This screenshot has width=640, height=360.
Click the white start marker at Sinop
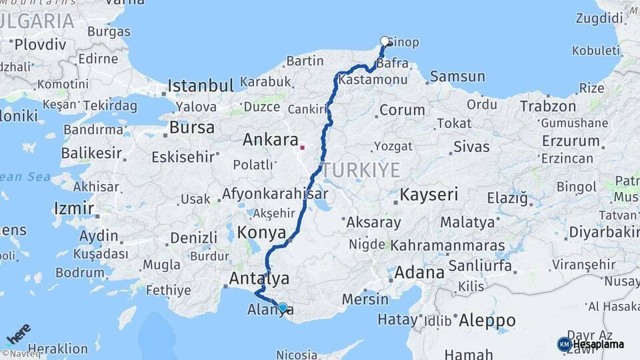[385, 41]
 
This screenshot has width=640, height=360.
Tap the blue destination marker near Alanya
[283, 307]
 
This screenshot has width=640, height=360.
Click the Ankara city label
[269, 140]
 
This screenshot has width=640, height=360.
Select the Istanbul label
[200, 85]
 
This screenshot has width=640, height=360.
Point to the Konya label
[261, 233]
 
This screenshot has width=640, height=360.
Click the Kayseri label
[429, 195]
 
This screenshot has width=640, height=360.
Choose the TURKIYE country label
[361, 170]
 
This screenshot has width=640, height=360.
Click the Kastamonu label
[373, 79]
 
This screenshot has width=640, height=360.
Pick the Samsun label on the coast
[457, 76]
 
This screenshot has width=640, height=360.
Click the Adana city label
[419, 272]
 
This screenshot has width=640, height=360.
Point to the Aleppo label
[487, 319]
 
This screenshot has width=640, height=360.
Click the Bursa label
[192, 127]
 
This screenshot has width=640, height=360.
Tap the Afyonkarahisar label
[275, 194]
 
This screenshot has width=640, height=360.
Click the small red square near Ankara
[303, 147]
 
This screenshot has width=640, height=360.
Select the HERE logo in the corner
[18, 333]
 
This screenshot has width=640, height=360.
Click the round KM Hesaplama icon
[564, 344]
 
